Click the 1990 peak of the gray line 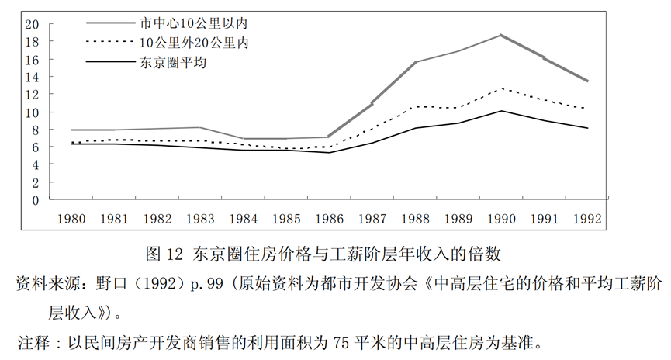tap(501, 35)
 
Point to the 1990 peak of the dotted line tap(501, 88)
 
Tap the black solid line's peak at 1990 tap(501, 111)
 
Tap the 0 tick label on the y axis tap(35, 199)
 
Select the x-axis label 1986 tap(330, 219)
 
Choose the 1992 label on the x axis tap(586, 219)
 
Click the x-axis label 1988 tap(416, 219)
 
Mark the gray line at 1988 tap(416, 62)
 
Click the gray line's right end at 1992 tap(586, 81)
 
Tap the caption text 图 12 tap(164, 253)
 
